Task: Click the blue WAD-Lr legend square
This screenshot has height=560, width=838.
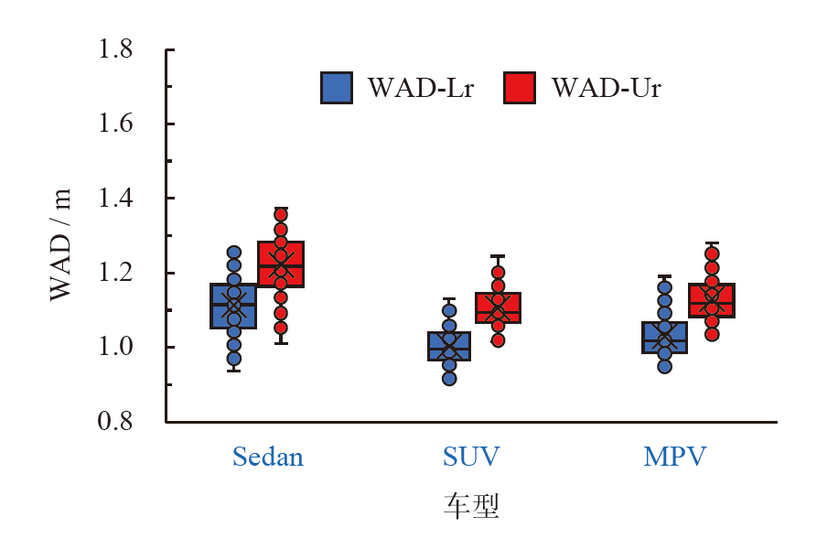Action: pos(337,88)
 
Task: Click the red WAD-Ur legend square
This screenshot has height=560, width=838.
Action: pos(520,88)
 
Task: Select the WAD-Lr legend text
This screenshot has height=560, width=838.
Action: pos(421,88)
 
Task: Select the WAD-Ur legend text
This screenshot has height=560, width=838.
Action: pos(606,88)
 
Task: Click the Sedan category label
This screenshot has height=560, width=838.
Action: pos(267,457)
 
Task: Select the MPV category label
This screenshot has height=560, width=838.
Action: pos(675,457)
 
